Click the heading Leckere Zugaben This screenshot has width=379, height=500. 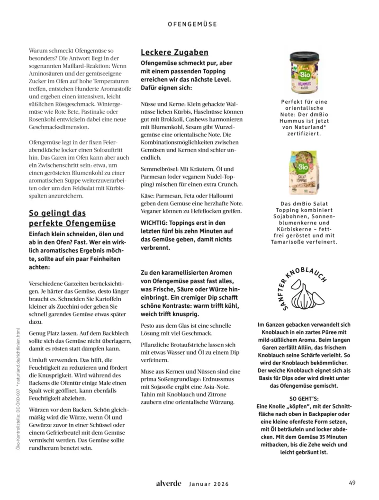pyautogui.click(x=174, y=52)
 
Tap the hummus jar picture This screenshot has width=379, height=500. pyautogui.click(x=304, y=73)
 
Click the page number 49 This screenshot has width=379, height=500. pyautogui.click(x=352, y=483)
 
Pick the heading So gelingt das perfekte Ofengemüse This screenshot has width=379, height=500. pyautogui.click(x=72, y=218)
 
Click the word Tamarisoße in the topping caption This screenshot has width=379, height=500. pyautogui.click(x=292, y=242)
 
